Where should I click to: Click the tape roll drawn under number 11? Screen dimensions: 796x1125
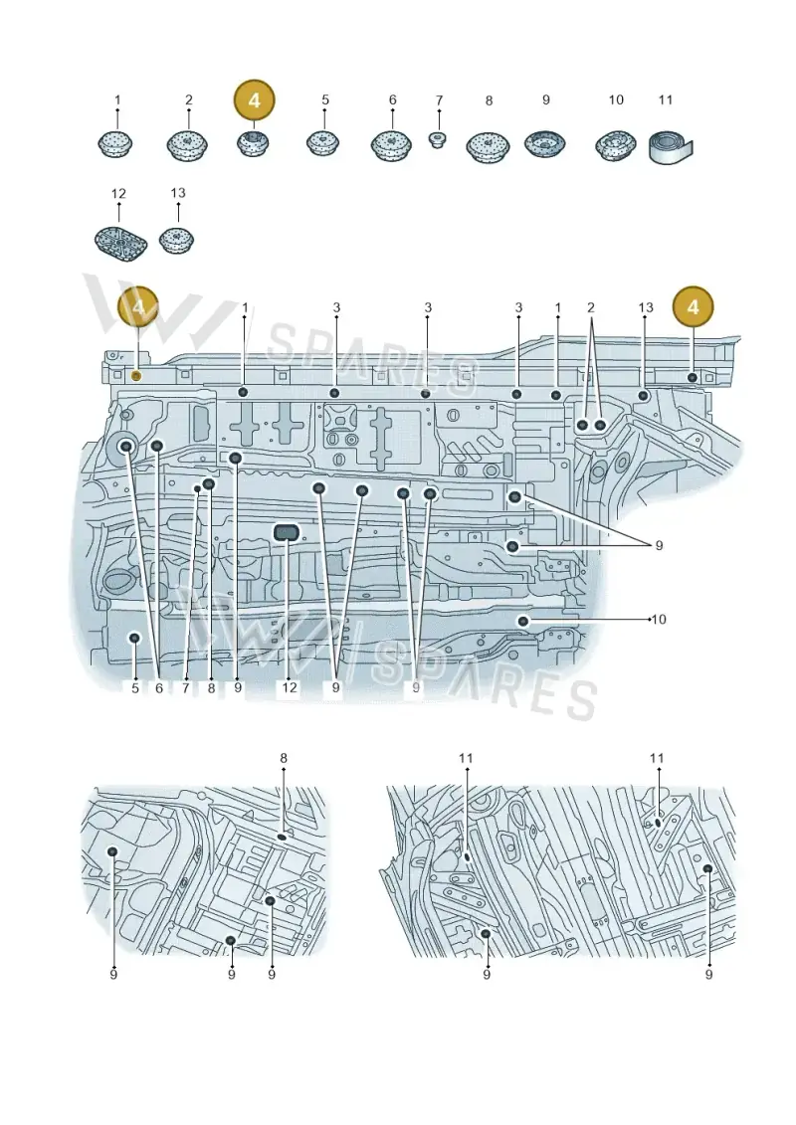coord(670,148)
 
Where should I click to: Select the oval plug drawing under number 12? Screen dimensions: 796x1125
coord(119,240)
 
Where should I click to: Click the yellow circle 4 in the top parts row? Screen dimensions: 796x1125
coord(254,101)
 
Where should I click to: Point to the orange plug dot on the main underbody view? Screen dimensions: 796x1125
coord(137,376)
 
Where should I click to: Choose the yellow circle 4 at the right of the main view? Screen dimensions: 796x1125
coord(693,307)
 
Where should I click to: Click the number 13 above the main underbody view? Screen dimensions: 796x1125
coord(646,307)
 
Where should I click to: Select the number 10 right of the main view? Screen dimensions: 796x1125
coord(658,619)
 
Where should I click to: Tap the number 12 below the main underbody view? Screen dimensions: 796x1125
coord(289,687)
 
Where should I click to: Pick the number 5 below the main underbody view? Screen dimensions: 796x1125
coord(135,687)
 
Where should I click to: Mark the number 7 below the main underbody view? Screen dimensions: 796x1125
coord(185,687)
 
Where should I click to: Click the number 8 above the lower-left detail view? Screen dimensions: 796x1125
coord(284,758)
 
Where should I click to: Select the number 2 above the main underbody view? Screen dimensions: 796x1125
coord(591,307)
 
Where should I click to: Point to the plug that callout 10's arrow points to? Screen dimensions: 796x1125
coord(524,621)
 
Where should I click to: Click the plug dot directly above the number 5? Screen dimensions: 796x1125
coord(133,638)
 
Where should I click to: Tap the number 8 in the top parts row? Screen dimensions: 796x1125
coord(489,101)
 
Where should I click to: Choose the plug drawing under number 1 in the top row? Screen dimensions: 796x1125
coord(114,144)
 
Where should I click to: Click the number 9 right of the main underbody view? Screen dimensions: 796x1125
coord(659,546)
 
